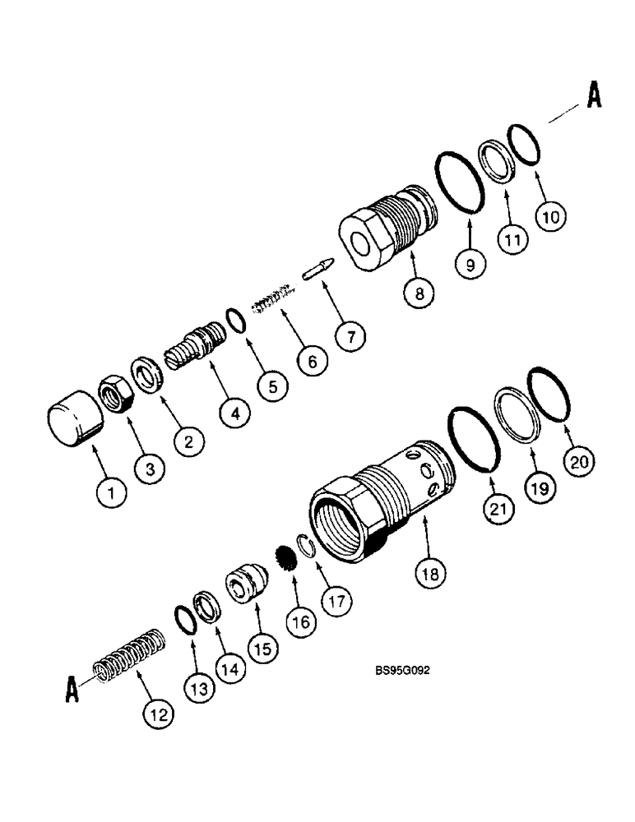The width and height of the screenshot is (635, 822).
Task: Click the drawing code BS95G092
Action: pyautogui.click(x=402, y=670)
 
